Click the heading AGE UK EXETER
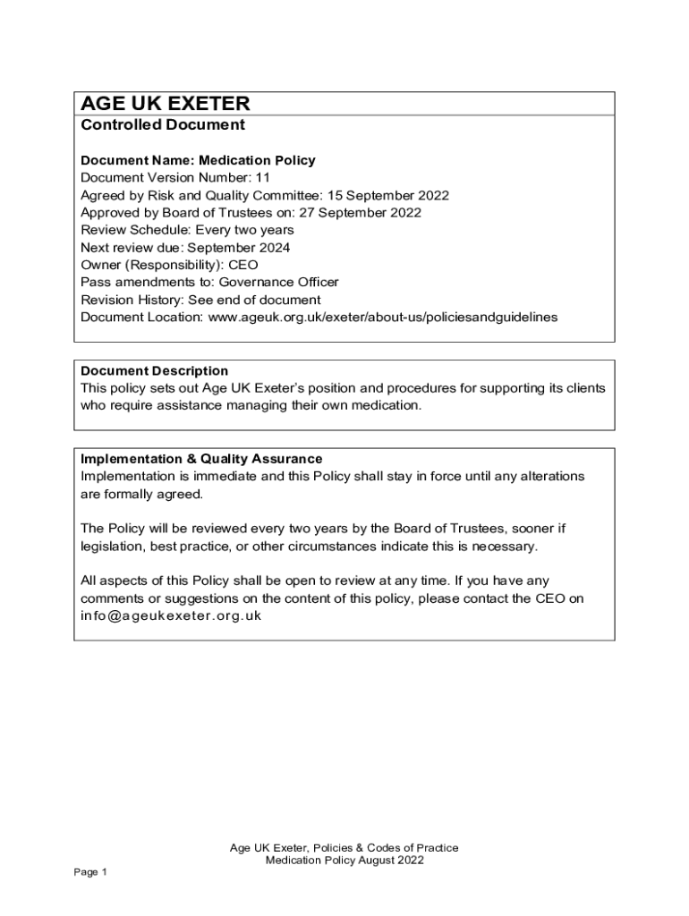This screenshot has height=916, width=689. click(x=166, y=104)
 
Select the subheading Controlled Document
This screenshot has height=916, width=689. click(x=163, y=126)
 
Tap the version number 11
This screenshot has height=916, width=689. click(x=262, y=178)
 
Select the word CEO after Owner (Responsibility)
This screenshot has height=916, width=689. click(x=243, y=265)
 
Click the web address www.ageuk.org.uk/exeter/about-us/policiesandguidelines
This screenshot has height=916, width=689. click(x=382, y=318)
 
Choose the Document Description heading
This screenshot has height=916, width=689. click(x=155, y=370)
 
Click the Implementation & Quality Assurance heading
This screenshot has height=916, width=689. click(x=201, y=459)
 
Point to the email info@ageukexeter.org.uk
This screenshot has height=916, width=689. click(x=171, y=616)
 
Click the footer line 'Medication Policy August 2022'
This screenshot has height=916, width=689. click(x=344, y=861)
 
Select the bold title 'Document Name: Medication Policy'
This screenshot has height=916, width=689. click(x=198, y=161)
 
